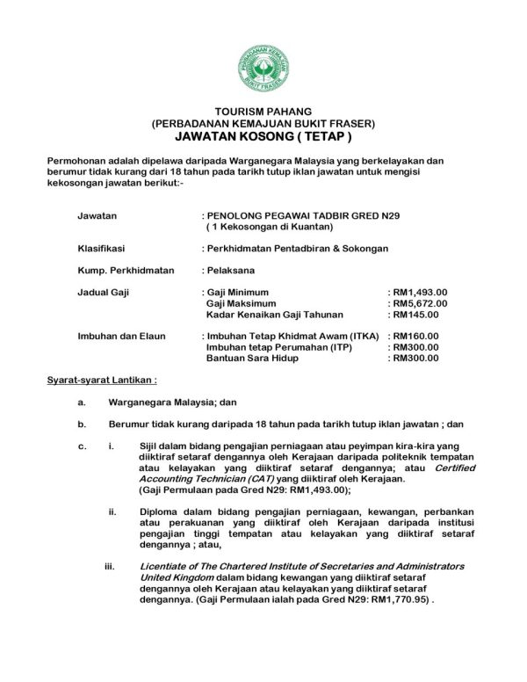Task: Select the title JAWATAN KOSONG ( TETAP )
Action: click(263, 139)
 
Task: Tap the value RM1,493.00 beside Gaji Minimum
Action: click(420, 292)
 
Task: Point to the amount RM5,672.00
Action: click(420, 303)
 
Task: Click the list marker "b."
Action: click(82, 424)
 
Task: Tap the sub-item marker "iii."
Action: click(112, 565)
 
